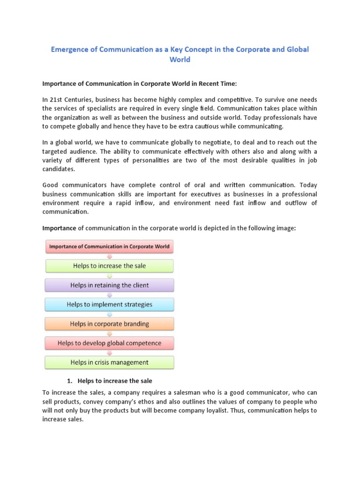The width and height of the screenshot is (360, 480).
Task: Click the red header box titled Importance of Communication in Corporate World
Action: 109,247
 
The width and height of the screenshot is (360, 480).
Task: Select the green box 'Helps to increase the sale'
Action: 109,266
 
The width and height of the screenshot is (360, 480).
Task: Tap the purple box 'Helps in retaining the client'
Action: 109,285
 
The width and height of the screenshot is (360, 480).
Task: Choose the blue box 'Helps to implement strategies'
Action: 109,304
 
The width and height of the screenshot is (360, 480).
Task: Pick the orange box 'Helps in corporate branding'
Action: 109,323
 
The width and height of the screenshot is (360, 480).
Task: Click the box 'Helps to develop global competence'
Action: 109,343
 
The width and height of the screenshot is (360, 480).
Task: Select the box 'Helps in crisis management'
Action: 109,362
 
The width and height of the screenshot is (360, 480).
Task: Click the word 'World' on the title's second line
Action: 180,60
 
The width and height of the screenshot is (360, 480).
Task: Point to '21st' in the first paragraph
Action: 57,100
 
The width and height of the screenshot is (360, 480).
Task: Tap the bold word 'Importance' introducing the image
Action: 59,228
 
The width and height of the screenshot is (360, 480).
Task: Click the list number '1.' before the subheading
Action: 70,381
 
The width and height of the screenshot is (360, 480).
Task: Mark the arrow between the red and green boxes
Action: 109,256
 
